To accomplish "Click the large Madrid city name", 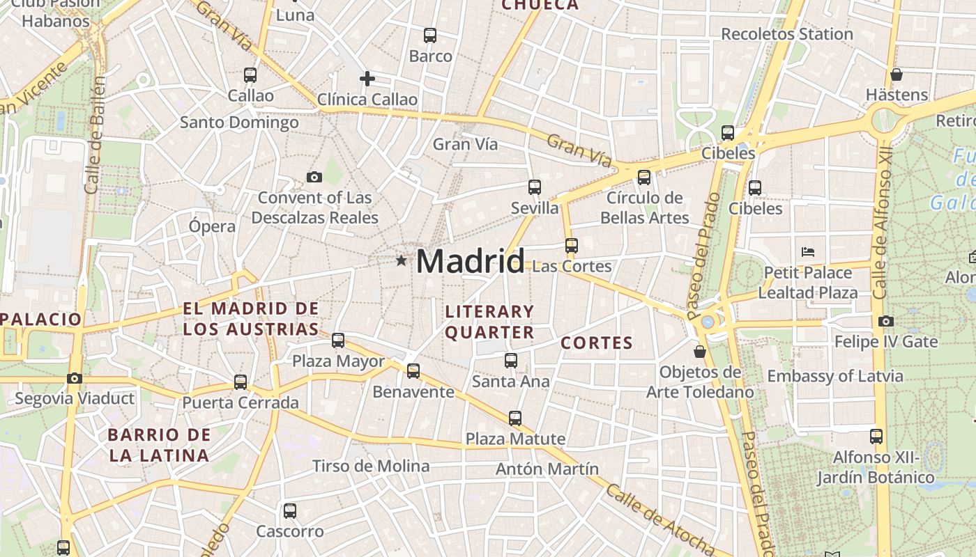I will click(x=471, y=262).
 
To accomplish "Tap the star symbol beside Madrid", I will click(x=401, y=261).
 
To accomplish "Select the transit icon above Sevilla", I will click(x=535, y=187).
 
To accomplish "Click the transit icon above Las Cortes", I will click(x=572, y=245).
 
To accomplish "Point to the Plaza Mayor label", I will click(x=338, y=361).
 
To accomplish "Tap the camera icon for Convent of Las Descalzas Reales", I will click(x=314, y=178).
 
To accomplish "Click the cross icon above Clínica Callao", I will click(x=367, y=79).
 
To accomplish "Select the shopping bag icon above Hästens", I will click(x=897, y=74).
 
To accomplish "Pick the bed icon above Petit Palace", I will click(x=808, y=251).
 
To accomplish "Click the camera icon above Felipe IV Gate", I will click(x=886, y=321).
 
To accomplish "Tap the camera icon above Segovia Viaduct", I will click(x=74, y=379).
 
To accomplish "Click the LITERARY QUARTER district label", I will click(x=489, y=322).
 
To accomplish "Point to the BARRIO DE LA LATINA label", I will click(x=159, y=446).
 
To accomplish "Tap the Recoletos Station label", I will click(x=787, y=34).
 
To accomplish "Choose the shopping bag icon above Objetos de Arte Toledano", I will click(x=700, y=352).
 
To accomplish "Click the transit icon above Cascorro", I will click(x=290, y=510).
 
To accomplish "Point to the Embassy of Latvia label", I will click(x=835, y=377).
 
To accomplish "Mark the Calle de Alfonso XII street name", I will click(x=882, y=223).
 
